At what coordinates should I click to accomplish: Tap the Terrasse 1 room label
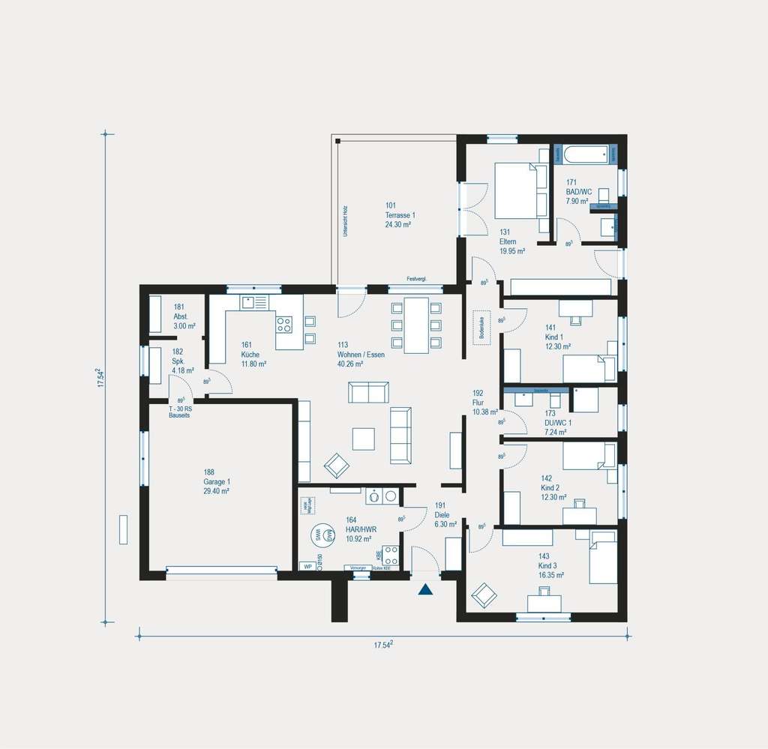coord(400,215)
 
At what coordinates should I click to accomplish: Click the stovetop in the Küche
coord(284,325)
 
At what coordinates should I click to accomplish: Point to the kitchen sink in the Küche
coord(253,302)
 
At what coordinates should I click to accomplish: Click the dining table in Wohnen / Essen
coord(416,325)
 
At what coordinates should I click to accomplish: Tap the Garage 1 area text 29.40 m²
coord(216,490)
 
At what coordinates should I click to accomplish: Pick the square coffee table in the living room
coord(363,439)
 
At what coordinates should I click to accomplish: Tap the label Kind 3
coord(547,565)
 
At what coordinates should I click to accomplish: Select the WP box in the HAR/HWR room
coord(307,566)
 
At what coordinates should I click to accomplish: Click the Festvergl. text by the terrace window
coord(416,280)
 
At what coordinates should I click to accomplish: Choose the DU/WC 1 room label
coord(558,422)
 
